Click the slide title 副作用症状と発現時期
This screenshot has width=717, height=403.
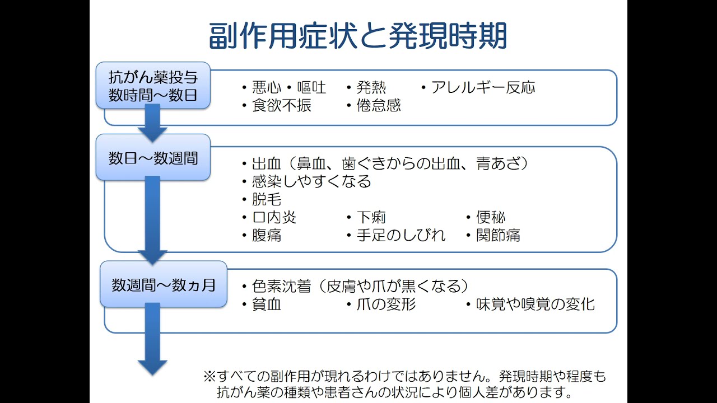[x=358, y=36]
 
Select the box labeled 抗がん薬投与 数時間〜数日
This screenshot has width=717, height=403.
[x=153, y=86]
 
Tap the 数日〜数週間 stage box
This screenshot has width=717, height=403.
[x=153, y=158]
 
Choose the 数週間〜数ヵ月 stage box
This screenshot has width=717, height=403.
[x=163, y=284]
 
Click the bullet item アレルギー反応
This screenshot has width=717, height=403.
[x=483, y=87]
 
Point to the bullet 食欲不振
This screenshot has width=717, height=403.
[x=282, y=105]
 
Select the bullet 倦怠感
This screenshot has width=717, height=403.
[x=379, y=105]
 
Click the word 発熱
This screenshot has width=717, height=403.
[x=371, y=87]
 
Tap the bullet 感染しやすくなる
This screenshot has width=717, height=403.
[x=311, y=181]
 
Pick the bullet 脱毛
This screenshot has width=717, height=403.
[x=267, y=199]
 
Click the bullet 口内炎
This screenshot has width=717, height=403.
[x=274, y=217]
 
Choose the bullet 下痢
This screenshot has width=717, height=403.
[x=371, y=217]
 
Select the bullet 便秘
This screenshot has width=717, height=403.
[x=491, y=217]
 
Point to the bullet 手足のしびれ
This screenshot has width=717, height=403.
[x=401, y=235]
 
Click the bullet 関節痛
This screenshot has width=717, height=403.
[x=498, y=235]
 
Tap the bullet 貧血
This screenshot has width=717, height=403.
[x=267, y=304]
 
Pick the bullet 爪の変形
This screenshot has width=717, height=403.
[x=386, y=304]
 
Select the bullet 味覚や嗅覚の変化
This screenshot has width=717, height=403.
[x=535, y=304]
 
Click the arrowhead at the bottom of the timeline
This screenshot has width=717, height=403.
[x=152, y=367]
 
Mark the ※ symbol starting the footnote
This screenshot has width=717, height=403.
[x=209, y=376]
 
